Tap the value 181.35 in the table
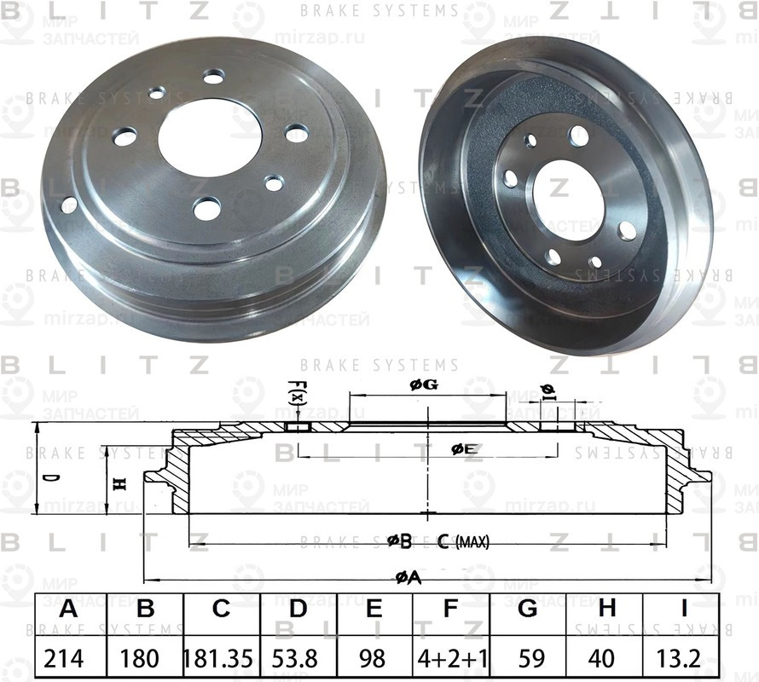220,659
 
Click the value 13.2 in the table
681,659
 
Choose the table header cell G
527,609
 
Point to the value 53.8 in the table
297,659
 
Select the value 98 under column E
374,659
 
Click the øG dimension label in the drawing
424,385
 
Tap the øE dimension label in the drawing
464,448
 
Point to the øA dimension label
408,578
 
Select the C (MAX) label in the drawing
463,541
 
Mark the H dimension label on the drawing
120,483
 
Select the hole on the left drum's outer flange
68,205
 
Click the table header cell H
606,609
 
